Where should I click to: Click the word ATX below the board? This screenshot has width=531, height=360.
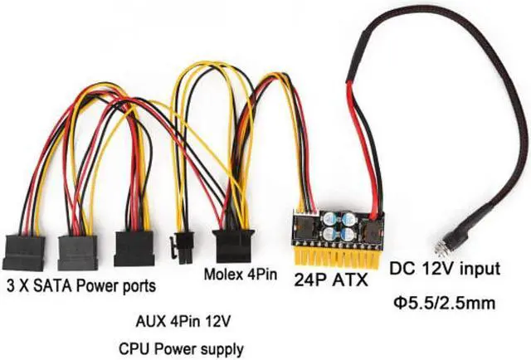(348, 280)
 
